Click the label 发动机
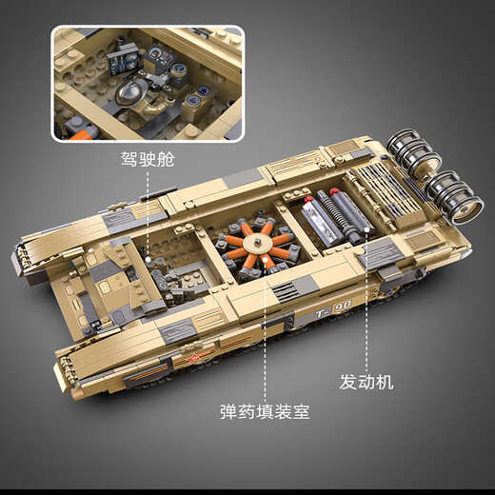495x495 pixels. (x=366, y=384)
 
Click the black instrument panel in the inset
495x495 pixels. (x=127, y=59)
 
